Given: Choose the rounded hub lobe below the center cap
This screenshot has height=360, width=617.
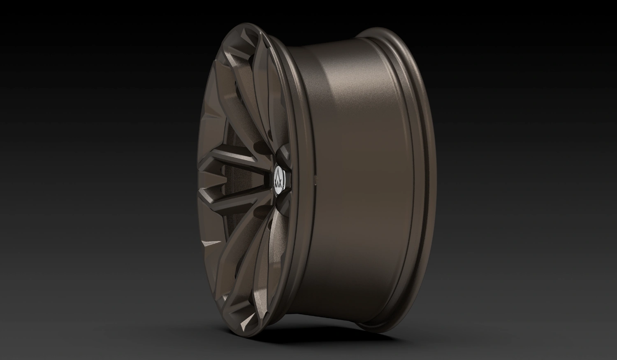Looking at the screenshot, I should tap(284, 202).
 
